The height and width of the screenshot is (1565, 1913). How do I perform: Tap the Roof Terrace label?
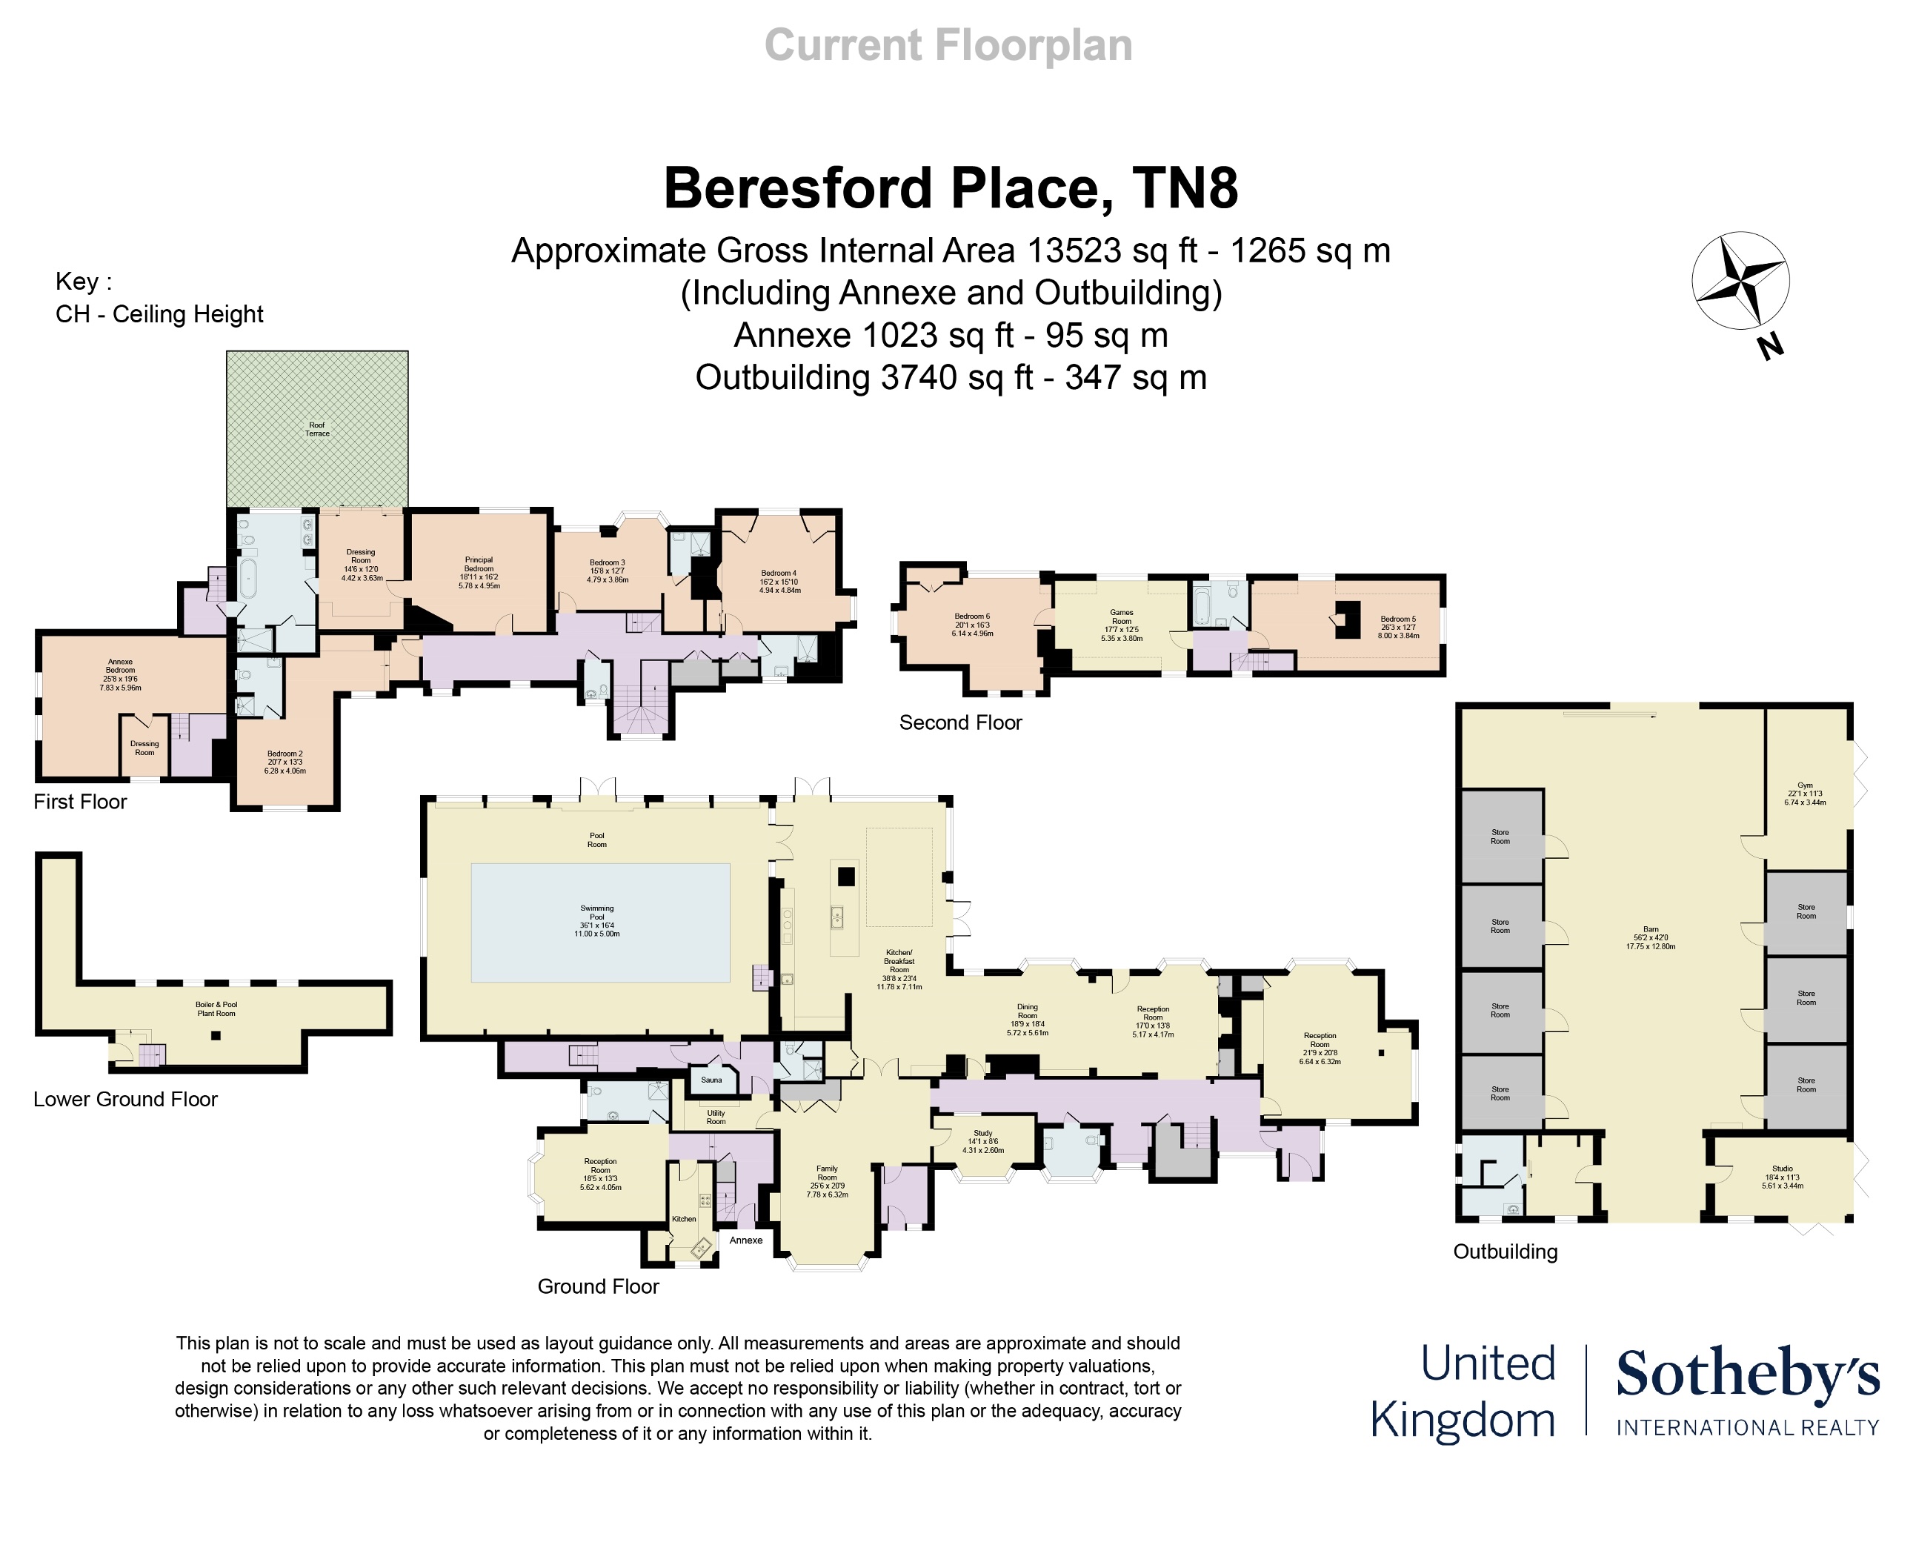pos(316,429)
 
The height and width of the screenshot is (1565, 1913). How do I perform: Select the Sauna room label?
pos(711,1079)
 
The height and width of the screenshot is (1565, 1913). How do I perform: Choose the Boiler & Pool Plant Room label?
pos(216,1009)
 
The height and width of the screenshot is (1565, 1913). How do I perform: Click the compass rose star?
pos(1740,280)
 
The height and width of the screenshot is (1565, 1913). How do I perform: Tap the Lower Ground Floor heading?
pos(125,1099)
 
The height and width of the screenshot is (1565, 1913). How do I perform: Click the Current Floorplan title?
pos(948,45)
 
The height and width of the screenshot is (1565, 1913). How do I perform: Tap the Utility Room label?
pos(716,1117)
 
